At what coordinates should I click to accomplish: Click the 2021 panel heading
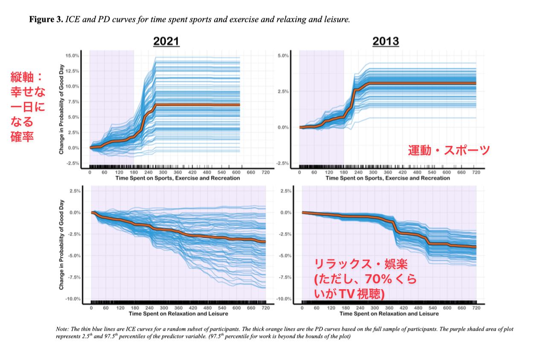(166, 41)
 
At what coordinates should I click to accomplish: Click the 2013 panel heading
(386, 41)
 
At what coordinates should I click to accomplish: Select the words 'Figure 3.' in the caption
(46, 19)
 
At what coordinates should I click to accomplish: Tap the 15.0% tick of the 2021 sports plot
(72, 55)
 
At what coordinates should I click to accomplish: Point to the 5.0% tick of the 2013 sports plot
(283, 55)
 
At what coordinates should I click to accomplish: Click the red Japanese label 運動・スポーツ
(449, 150)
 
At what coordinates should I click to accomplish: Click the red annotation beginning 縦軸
(28, 107)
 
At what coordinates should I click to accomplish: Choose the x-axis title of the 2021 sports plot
(177, 178)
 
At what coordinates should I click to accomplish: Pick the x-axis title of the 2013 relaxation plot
(389, 314)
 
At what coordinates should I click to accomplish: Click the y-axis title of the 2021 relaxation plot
(61, 244)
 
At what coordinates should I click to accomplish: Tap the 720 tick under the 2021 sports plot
(266, 172)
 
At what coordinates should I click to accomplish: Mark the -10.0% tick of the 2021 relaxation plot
(73, 299)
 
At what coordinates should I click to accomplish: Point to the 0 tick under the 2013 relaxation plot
(302, 308)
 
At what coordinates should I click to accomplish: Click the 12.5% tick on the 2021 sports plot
(72, 71)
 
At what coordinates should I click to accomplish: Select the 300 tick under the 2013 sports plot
(373, 172)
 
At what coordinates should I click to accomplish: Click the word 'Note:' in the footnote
(62, 329)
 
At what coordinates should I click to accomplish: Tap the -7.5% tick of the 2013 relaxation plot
(285, 277)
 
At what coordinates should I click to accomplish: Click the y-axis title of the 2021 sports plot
(61, 109)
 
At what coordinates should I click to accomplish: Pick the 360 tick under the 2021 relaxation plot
(178, 308)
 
